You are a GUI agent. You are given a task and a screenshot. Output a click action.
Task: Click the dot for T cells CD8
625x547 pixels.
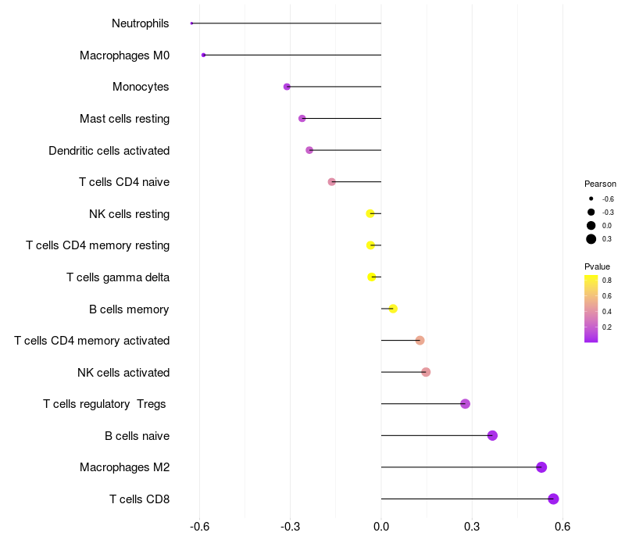pyautogui.click(x=553, y=499)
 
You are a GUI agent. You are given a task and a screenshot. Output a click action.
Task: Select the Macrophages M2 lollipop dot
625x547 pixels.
pyautogui.click(x=541, y=467)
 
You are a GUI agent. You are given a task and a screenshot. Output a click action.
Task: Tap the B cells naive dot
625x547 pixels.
pyautogui.click(x=492, y=435)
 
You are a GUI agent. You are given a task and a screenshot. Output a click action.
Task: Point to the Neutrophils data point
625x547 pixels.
pyautogui.click(x=191, y=23)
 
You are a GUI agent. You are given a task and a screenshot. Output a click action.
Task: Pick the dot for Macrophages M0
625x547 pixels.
pyautogui.click(x=203, y=55)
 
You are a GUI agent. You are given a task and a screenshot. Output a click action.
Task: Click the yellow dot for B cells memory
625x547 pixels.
pyautogui.click(x=393, y=309)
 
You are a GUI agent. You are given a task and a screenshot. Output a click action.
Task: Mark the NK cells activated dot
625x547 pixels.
pyautogui.click(x=426, y=372)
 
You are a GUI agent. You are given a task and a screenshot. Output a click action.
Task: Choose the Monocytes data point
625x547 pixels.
pyautogui.click(x=287, y=87)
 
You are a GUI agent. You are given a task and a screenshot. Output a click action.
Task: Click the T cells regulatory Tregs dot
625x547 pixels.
pyautogui.click(x=466, y=404)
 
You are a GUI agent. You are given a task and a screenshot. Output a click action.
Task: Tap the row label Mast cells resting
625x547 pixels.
pyautogui.click(x=124, y=119)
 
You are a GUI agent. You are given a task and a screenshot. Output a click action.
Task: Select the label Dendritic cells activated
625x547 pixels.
pyautogui.click(x=109, y=150)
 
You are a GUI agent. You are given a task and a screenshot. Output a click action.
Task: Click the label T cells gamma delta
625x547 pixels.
pyautogui.click(x=117, y=277)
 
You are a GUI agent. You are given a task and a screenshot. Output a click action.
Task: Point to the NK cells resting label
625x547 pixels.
pyautogui.click(x=129, y=213)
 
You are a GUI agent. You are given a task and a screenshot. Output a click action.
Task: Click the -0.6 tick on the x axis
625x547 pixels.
pyautogui.click(x=200, y=527)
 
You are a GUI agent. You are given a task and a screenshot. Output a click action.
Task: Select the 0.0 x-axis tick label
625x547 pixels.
pyautogui.click(x=381, y=527)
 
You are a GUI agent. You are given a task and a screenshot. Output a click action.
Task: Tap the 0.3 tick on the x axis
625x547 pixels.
pyautogui.click(x=472, y=527)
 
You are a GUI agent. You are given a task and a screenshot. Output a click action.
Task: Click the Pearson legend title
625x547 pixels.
pyautogui.click(x=600, y=184)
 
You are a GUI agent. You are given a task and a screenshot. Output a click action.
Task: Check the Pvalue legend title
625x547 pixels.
pyautogui.click(x=597, y=266)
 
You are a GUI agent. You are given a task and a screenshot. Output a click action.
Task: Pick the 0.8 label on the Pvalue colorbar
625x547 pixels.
pyautogui.click(x=607, y=280)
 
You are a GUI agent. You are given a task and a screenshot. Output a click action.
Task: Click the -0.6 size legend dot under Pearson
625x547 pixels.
pyautogui.click(x=591, y=198)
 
